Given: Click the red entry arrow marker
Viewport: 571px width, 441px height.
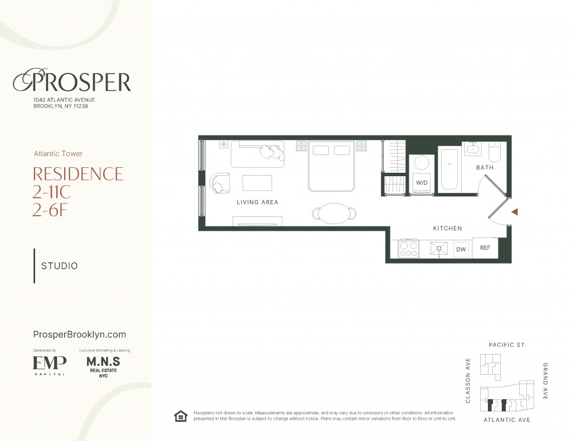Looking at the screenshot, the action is coord(515,212).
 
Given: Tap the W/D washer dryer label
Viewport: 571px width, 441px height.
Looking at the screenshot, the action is coord(422,183).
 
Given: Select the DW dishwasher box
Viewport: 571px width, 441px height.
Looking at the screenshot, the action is coord(461,249).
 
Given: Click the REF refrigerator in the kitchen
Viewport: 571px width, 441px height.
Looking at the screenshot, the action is coord(485,248).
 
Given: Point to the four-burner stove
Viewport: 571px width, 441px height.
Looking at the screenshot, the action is coord(409,249).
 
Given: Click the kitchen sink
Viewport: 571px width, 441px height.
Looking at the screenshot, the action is coord(439,249).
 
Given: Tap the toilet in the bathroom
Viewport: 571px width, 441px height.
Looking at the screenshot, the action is coord(495,152).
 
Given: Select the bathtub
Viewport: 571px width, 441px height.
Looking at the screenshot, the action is coord(449,169).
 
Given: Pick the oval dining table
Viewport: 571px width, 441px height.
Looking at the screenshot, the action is coord(334,214).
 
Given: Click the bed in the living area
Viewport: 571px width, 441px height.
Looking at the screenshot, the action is coord(331,166).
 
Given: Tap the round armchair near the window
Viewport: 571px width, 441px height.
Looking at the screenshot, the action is coord(220,183).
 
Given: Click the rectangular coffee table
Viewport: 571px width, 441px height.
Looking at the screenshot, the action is coord(257,183).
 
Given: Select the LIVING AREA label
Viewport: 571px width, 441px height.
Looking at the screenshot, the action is coord(258,202).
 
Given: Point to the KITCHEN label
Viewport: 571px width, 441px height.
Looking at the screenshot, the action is coord(448,229).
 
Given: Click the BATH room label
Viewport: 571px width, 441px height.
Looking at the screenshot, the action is coord(485,167).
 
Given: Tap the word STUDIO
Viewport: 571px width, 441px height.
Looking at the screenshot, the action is coord(59,266).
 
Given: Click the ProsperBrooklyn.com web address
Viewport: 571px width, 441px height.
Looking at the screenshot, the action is coord(79,335).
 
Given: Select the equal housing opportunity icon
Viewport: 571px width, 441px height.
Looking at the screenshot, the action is coord(181,416).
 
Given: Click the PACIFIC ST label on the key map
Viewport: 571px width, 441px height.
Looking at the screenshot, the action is coord(506,345).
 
